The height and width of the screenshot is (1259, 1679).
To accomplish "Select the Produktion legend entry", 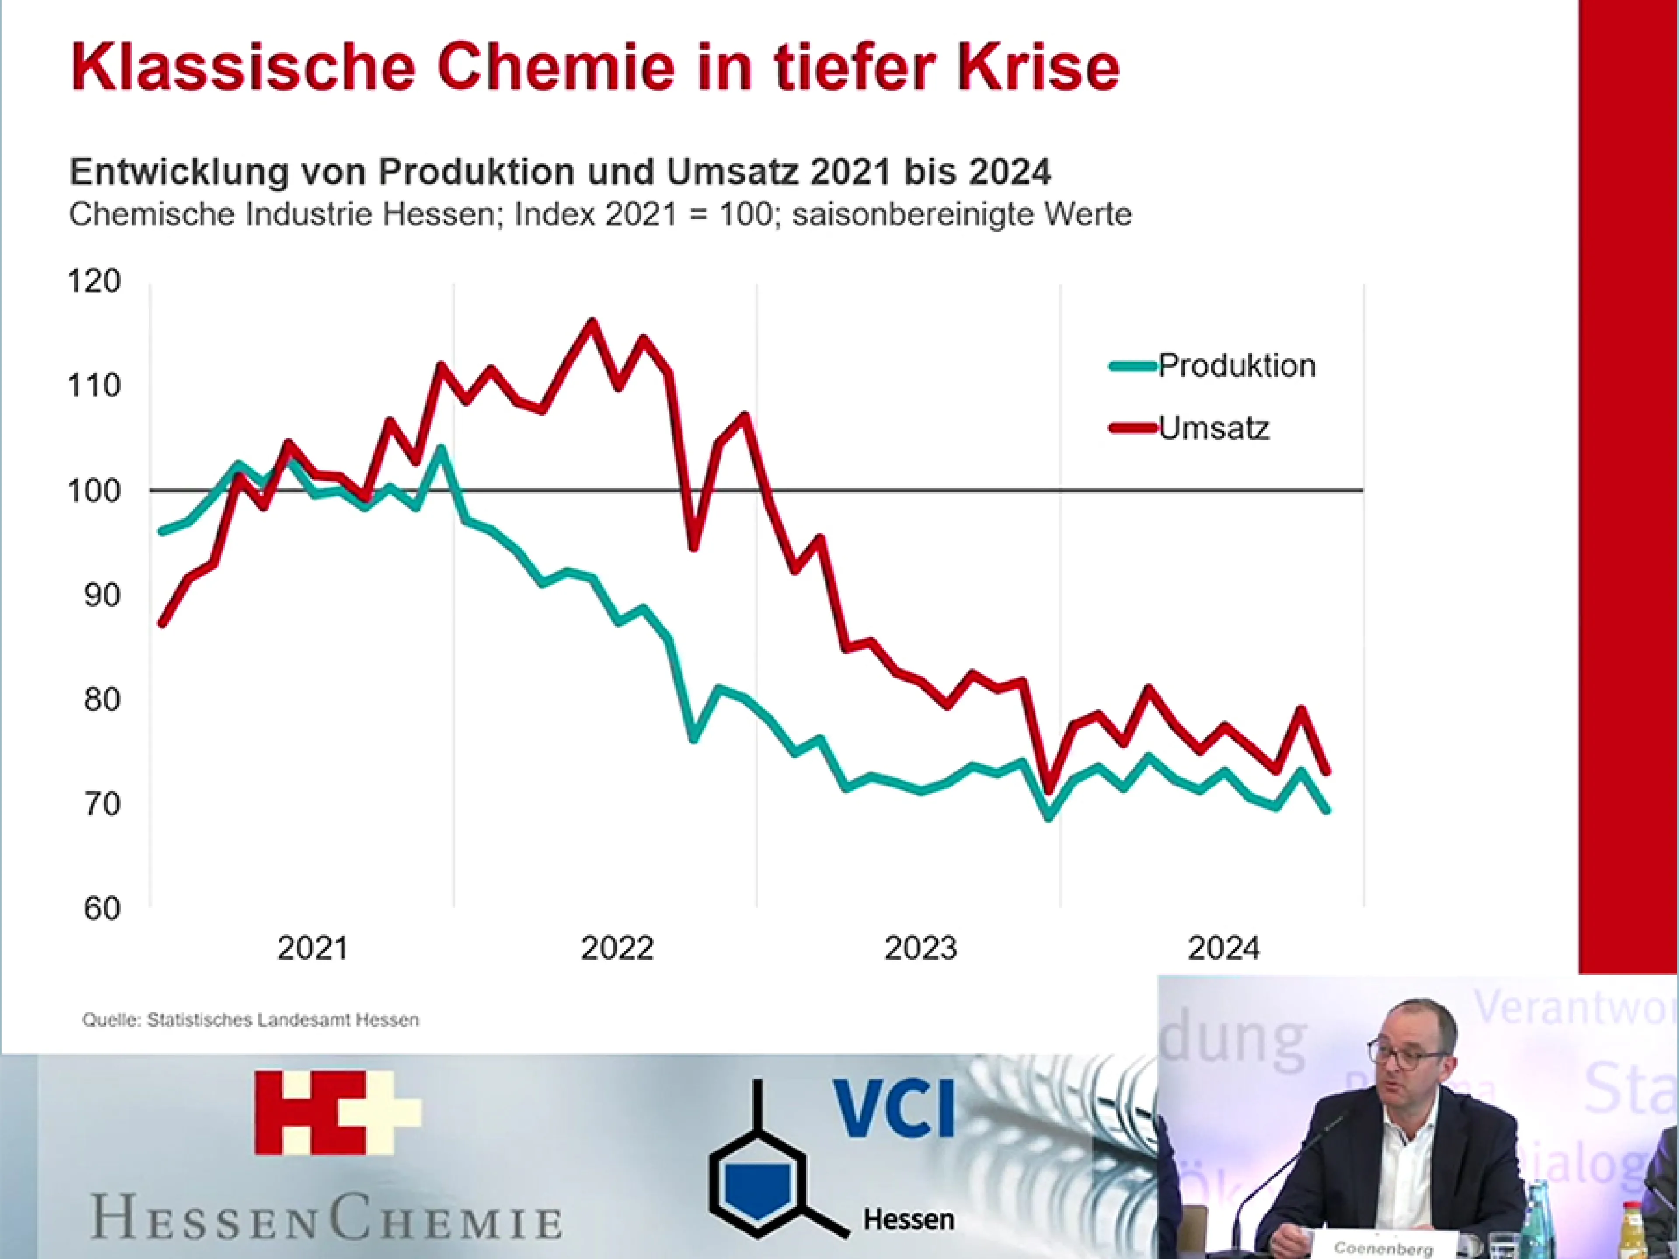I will coord(1236,366).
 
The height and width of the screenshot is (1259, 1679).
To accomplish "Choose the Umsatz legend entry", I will coord(1213,429).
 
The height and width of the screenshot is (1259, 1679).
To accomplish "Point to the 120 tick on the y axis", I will coord(94,282).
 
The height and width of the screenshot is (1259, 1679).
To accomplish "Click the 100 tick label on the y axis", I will coord(94,491).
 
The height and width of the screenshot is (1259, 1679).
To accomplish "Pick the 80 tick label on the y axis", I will coord(102,699).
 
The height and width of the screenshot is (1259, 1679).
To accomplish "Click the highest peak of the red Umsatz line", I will coord(592,322).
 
